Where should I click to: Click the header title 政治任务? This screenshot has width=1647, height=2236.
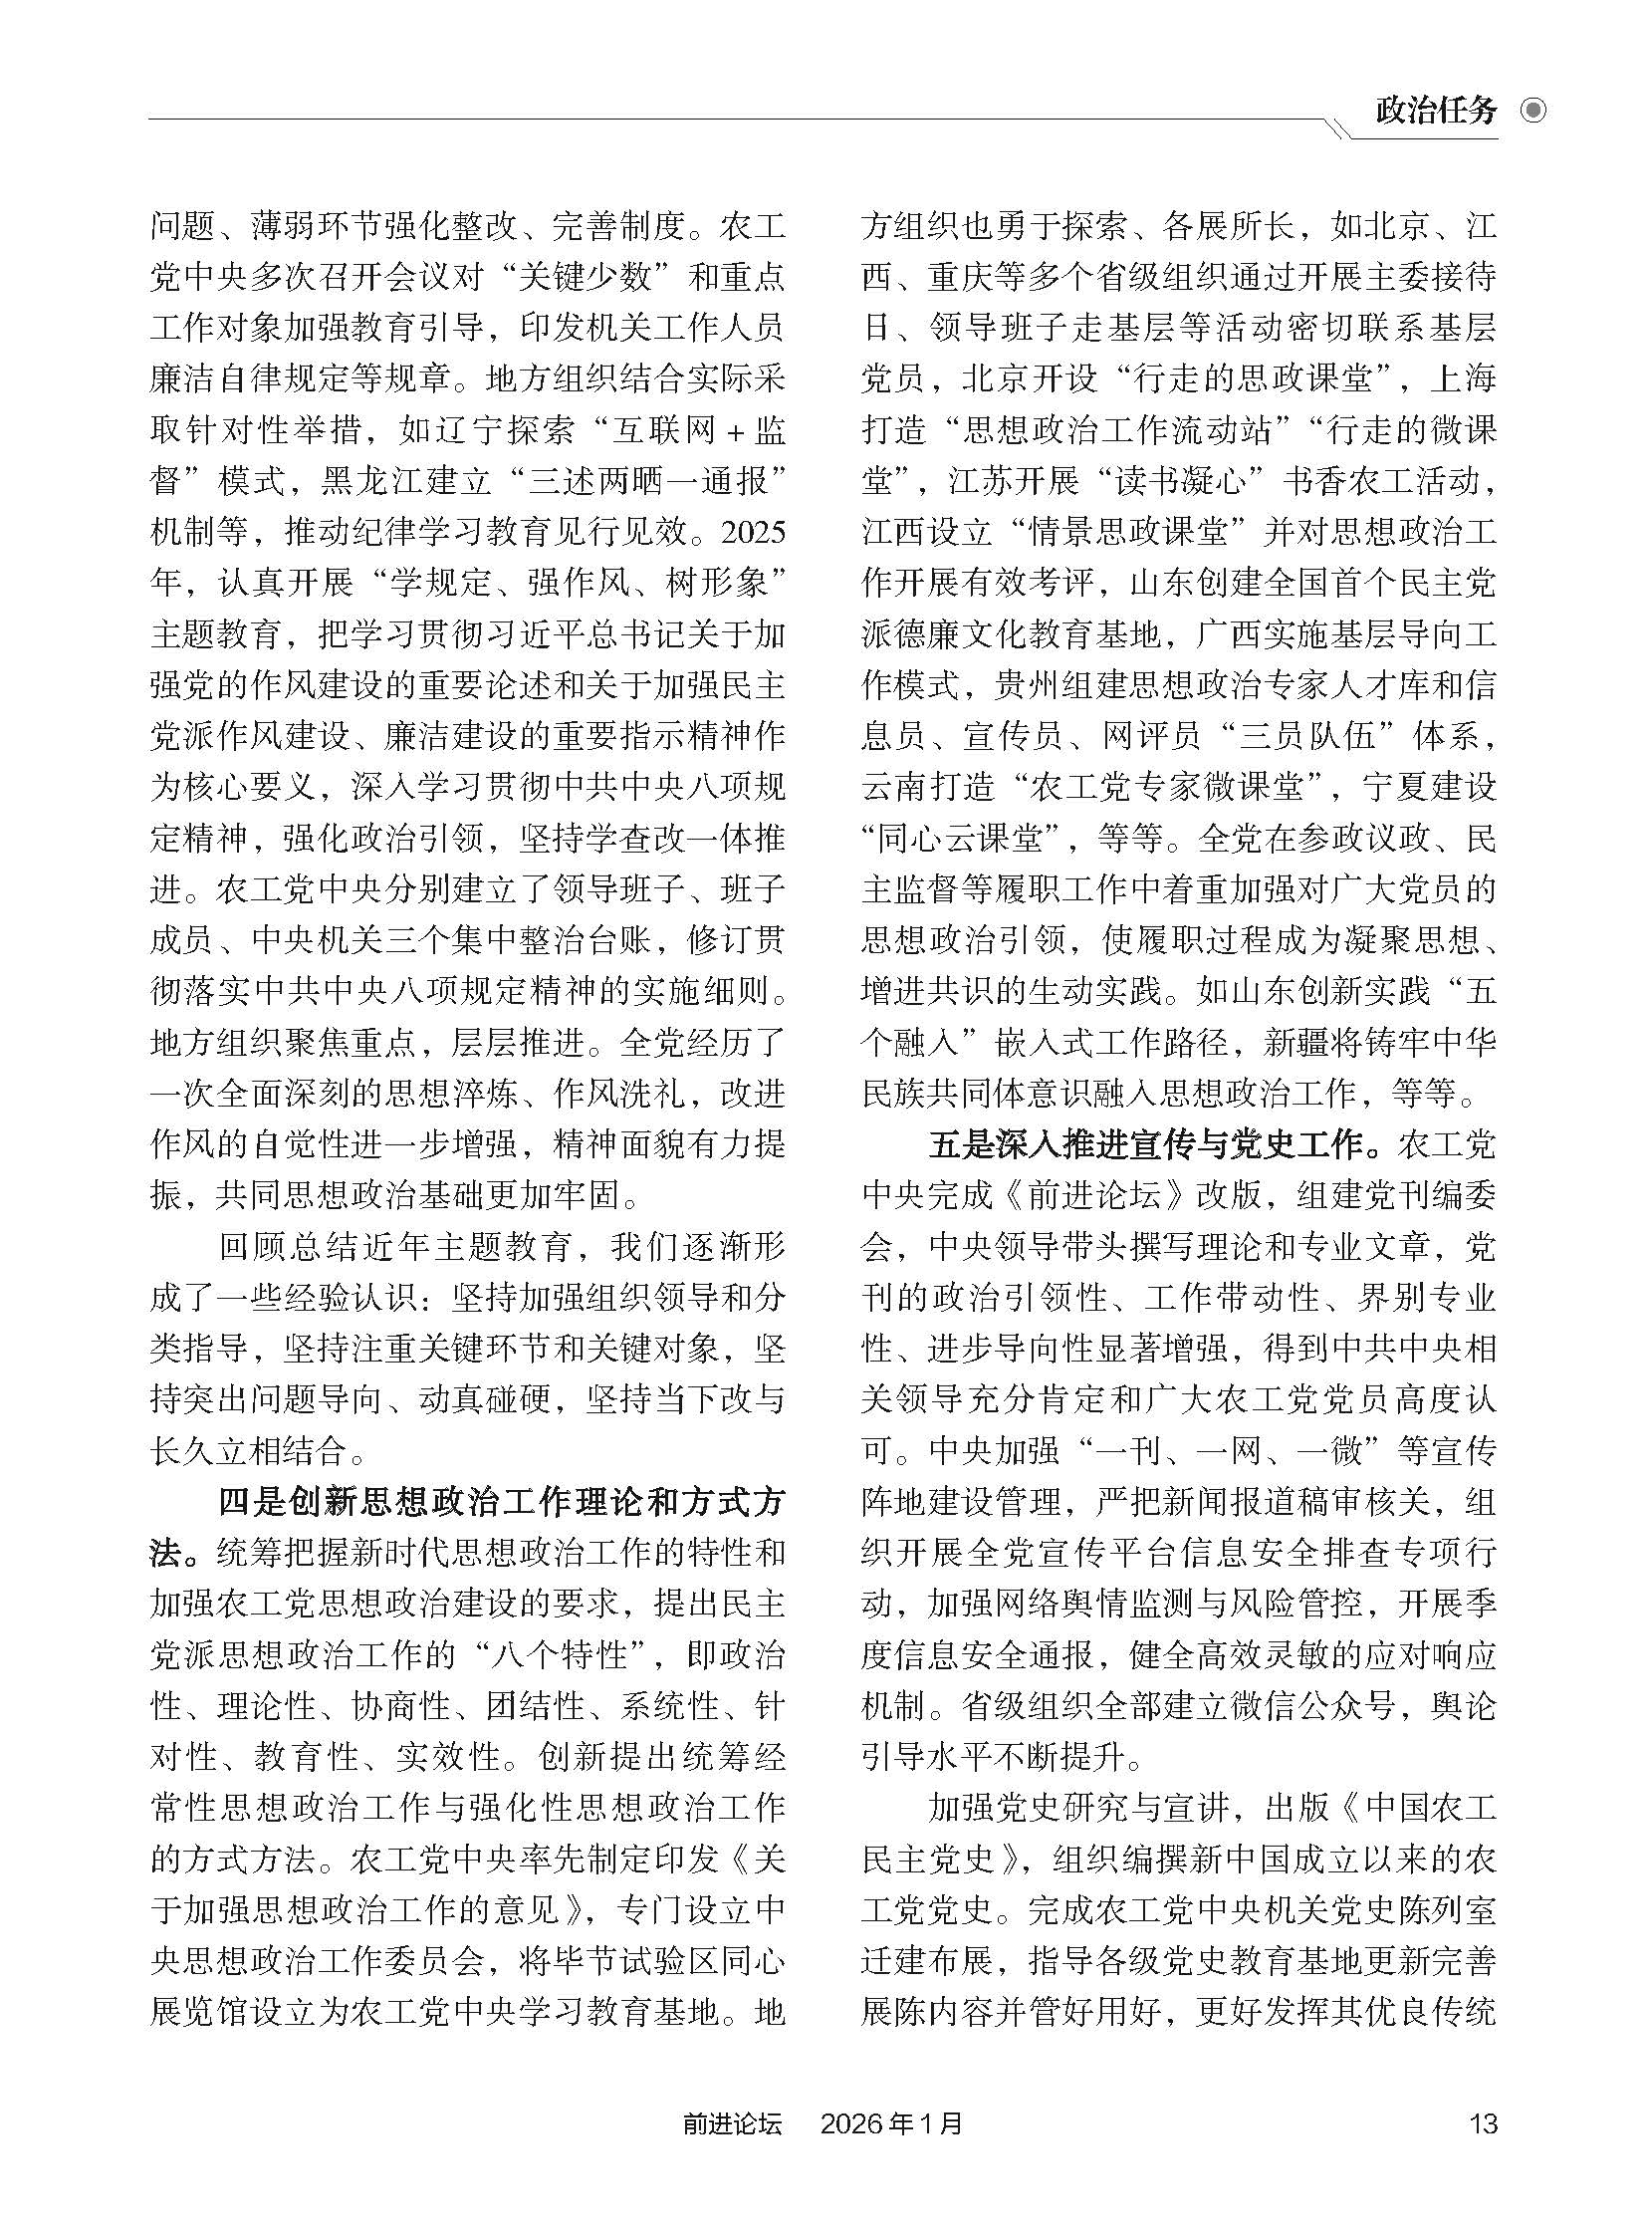tap(1435, 110)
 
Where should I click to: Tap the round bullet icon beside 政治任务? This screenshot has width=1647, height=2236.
tap(1532, 110)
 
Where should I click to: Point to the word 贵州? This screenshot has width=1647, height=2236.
tap(1028, 685)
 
